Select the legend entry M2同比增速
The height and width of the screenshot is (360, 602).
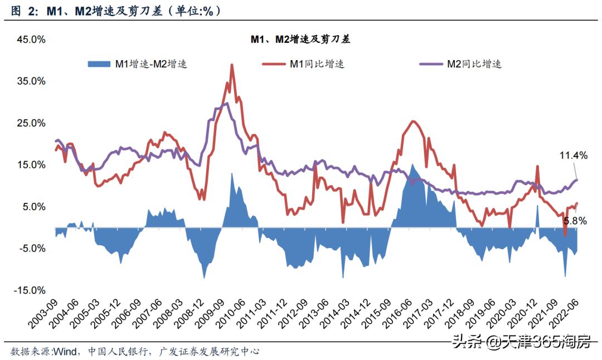tap(474, 64)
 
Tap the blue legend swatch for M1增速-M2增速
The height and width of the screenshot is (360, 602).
tap(100, 64)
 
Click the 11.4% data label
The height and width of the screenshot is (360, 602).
tap(574, 156)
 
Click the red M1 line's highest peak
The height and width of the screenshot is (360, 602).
tap(231, 65)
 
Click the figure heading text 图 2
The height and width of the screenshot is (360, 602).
tap(22, 11)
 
